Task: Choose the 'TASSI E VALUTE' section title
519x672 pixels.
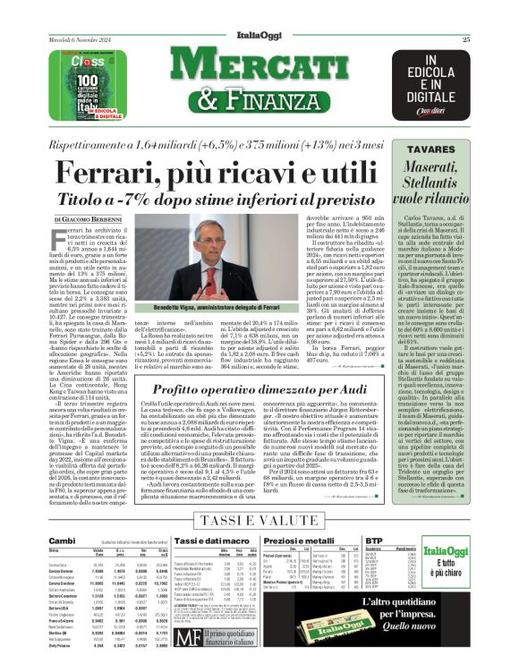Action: point(258,521)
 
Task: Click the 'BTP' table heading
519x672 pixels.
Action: point(412,542)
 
